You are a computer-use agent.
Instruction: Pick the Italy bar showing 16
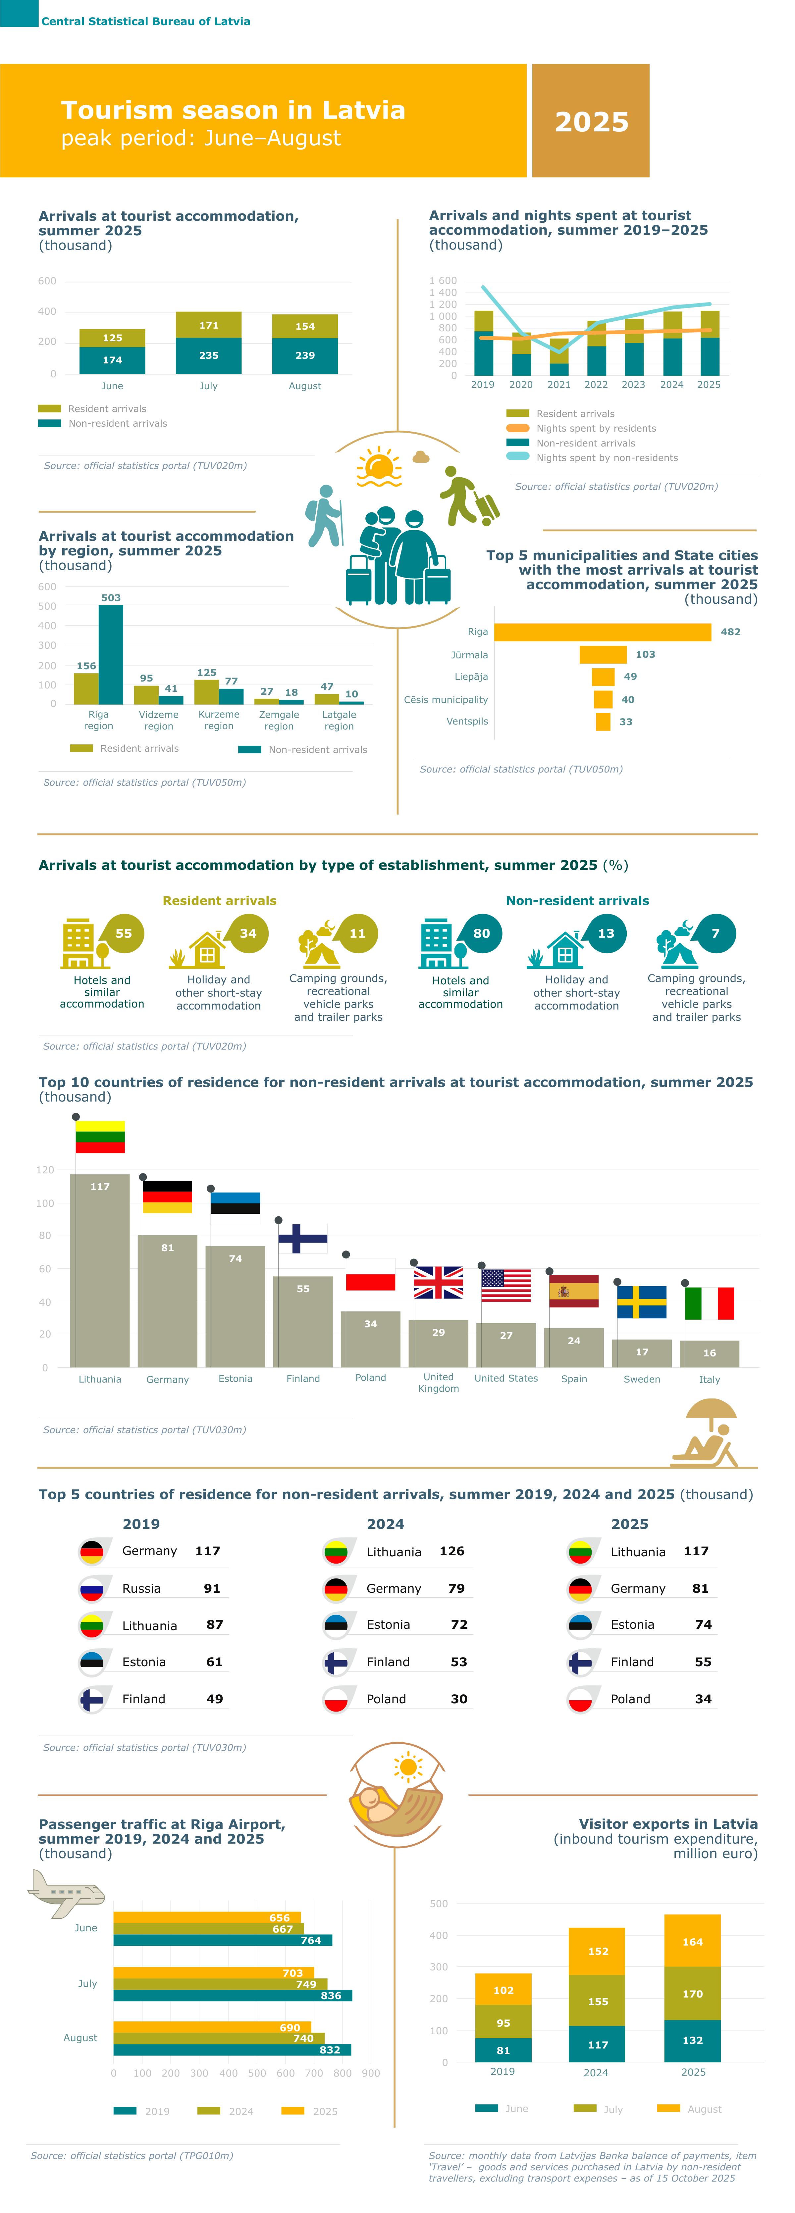(709, 1353)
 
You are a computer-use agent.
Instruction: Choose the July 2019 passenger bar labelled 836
(232, 1996)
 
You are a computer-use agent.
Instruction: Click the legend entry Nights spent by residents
(596, 429)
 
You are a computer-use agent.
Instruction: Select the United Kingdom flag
(438, 1282)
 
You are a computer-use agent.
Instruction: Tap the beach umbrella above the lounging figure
(711, 1409)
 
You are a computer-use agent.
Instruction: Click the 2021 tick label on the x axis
(558, 385)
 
